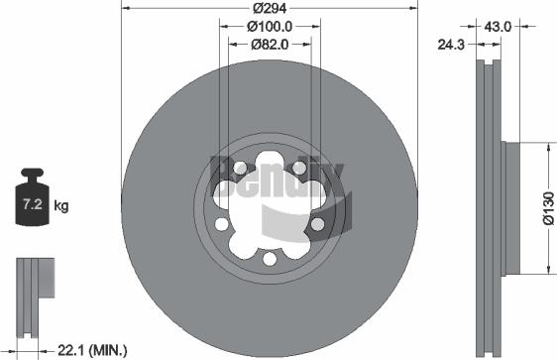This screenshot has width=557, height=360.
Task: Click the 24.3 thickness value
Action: [x=451, y=44]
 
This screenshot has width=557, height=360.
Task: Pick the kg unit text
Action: [x=60, y=206]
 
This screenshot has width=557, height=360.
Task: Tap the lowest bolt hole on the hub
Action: [x=270, y=259]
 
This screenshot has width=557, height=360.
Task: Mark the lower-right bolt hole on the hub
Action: [x=316, y=224]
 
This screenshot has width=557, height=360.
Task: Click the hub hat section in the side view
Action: [x=509, y=208]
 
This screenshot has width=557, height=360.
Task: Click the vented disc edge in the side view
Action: [x=486, y=208]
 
